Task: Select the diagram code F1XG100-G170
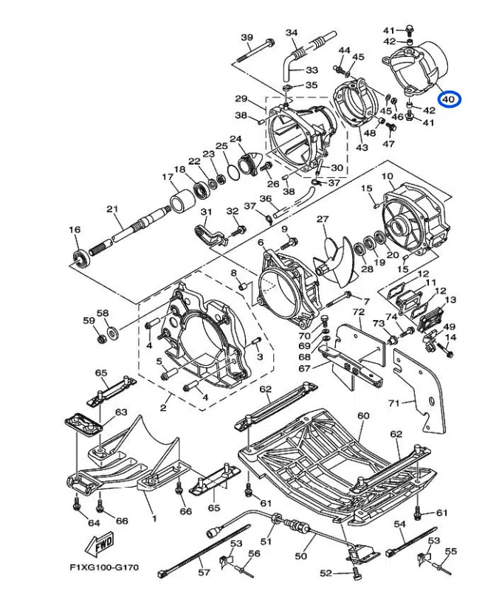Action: click(104, 567)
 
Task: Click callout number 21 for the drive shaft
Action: click(112, 209)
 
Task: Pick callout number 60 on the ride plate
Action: click(363, 415)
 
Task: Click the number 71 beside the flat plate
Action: click(394, 403)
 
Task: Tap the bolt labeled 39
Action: click(255, 51)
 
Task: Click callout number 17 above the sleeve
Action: click(168, 178)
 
